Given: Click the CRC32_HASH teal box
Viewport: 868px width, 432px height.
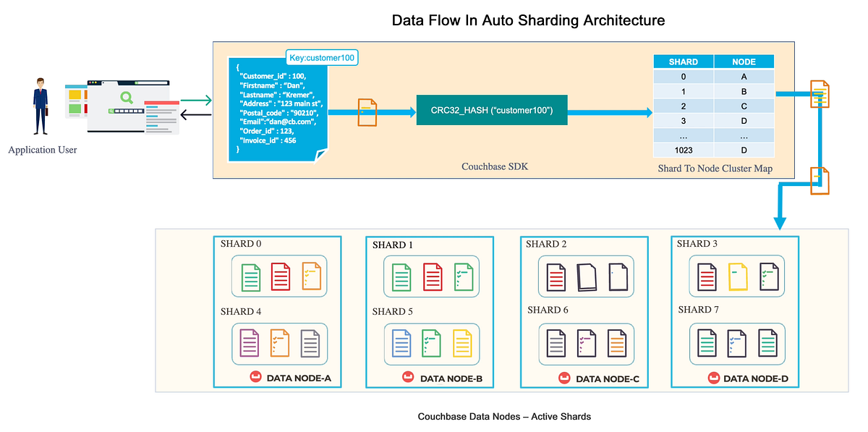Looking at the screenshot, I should tap(491, 110).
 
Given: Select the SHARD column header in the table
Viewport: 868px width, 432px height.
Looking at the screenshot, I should tap(683, 62).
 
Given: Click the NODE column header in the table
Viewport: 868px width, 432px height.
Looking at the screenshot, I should tap(744, 62).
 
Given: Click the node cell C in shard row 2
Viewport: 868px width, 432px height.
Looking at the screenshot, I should tap(744, 106).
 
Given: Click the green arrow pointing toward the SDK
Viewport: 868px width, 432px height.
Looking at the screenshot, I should tap(196, 101).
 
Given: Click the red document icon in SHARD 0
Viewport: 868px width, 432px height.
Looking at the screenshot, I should tap(280, 276).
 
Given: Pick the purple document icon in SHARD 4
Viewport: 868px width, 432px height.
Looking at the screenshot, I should tap(250, 343).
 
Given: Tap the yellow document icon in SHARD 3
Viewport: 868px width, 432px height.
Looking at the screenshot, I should tap(738, 276).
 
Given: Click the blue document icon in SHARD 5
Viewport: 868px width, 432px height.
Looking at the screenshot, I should tap(402, 343).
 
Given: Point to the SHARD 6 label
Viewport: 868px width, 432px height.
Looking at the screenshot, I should tap(548, 310).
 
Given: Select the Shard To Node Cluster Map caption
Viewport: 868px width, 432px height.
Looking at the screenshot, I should tap(713, 169).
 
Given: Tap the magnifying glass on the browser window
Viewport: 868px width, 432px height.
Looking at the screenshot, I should tap(127, 97).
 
